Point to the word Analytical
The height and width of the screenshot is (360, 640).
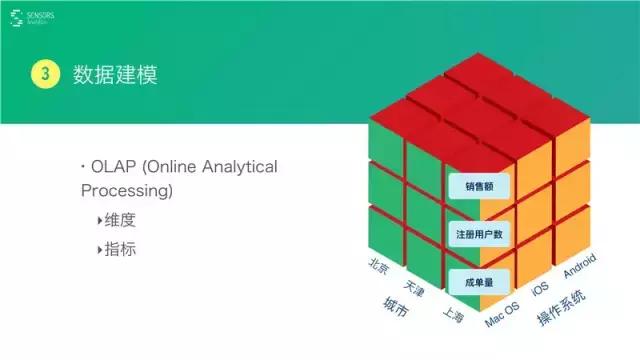coord(237,167)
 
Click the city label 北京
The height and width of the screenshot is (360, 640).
coord(378,265)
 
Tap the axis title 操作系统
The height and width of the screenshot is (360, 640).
coord(561,309)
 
